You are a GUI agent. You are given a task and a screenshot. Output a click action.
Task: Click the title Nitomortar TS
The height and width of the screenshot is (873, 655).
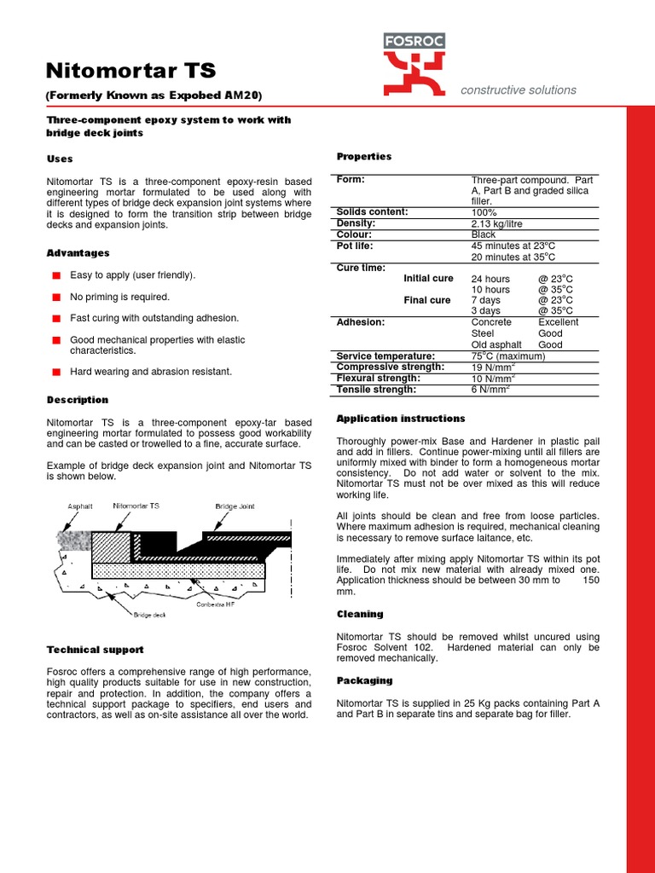[130, 70]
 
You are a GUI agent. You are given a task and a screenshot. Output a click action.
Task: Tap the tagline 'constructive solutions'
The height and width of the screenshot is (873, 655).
[519, 90]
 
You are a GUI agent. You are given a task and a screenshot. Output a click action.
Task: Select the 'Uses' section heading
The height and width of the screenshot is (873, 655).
[60, 159]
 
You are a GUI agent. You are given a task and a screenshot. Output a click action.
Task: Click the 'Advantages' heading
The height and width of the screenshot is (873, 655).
[78, 253]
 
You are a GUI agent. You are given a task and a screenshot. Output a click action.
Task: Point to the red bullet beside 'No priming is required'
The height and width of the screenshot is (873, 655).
[56, 297]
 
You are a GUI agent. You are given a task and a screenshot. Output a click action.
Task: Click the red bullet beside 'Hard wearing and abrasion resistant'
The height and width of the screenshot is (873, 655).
[56, 372]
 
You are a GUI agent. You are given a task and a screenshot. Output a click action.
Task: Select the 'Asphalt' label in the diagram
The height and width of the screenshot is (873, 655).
[80, 506]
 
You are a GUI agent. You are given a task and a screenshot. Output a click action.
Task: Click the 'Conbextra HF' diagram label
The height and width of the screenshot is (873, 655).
[216, 604]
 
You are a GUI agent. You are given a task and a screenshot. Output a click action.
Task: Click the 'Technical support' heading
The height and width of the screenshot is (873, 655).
[95, 650]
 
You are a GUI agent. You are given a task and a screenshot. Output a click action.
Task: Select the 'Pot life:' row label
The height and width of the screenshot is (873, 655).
[356, 246]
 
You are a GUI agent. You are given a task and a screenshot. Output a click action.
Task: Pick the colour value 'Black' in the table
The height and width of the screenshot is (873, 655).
[484, 234]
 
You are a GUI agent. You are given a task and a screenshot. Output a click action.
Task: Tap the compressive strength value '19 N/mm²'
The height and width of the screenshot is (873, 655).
[491, 367]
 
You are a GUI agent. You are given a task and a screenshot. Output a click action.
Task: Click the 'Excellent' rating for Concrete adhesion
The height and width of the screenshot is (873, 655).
[558, 322]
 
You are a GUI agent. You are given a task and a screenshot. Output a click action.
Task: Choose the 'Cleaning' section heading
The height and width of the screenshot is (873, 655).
[360, 614]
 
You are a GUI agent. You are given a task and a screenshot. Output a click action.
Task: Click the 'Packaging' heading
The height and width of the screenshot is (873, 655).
[364, 680]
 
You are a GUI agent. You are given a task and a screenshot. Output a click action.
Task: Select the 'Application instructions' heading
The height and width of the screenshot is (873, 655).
[401, 419]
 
